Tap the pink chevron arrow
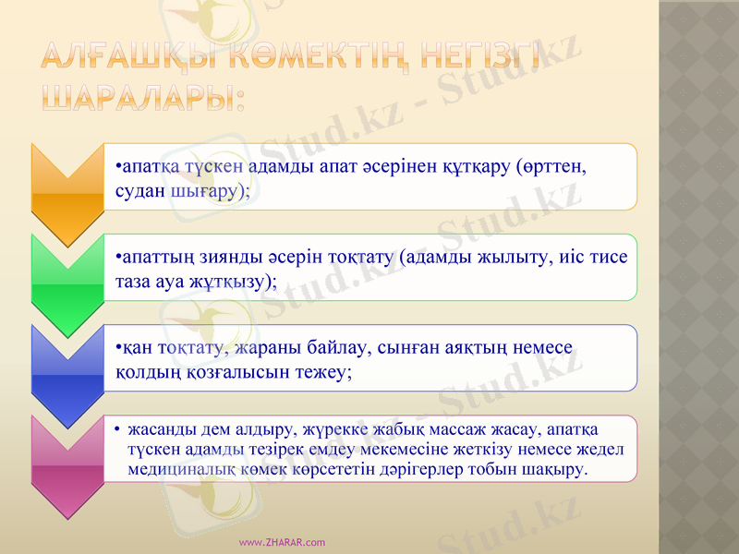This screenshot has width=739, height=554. click(x=66, y=461)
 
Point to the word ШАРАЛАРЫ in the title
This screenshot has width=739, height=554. click(x=143, y=95)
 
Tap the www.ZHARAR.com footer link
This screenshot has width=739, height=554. click(x=282, y=542)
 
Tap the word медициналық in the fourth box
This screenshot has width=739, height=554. click(x=176, y=469)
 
